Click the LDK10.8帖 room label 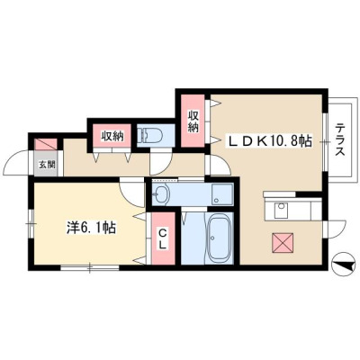pos(270,141)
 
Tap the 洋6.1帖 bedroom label pos(91,229)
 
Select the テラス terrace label pos(339,139)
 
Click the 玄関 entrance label pos(47,164)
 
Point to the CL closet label pos(162,239)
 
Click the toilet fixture pos(149,136)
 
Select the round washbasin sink pos(161,194)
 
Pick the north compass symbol pos(344,265)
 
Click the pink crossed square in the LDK pos(283,243)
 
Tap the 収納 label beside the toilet pos(112,137)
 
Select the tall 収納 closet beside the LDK pos(193,121)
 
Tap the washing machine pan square pos(222,194)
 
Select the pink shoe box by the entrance pos(46,144)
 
